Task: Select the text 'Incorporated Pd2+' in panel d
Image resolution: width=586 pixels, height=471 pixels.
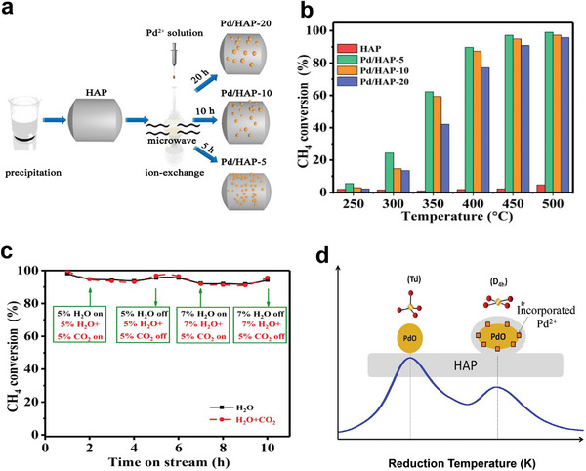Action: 533,322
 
